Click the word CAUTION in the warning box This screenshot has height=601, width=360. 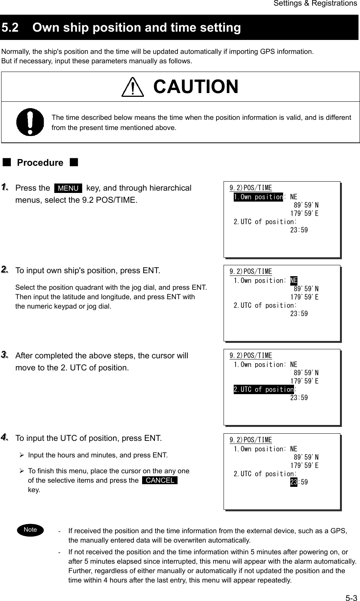pyautogui.click(x=196, y=86)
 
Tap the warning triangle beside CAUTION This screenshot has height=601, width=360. pyautogui.click(x=132, y=87)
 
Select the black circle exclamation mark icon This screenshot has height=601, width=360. pyautogui.click(x=30, y=122)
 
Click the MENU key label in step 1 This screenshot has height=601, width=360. pyautogui.click(x=68, y=188)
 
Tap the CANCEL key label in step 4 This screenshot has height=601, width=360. pyautogui.click(x=160, y=480)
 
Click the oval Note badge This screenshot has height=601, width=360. pyautogui.click(x=30, y=529)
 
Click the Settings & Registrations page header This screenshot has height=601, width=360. pyautogui.click(x=315, y=3)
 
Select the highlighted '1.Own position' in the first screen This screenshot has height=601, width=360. pyautogui.click(x=258, y=197)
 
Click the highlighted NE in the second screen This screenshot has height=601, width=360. pyautogui.click(x=294, y=281)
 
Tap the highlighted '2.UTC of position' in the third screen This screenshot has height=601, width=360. pyautogui.click(x=263, y=389)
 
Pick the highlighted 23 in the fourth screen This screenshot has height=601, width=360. pyautogui.click(x=294, y=482)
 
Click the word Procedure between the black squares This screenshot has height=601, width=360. pyautogui.click(x=40, y=163)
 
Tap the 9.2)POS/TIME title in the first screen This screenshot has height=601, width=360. pyautogui.click(x=251, y=188)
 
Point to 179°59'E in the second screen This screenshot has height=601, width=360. pyautogui.click(x=304, y=297)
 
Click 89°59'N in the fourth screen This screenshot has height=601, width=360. pyautogui.click(x=306, y=457)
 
